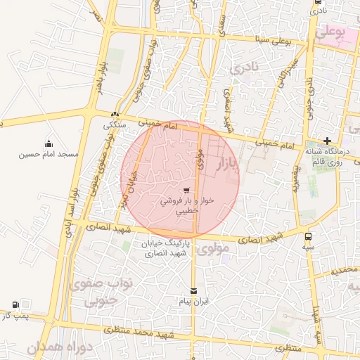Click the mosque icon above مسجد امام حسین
click(48, 143)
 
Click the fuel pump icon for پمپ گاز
click(15, 304)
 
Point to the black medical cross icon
click(327, 141)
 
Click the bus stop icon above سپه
click(309, 237)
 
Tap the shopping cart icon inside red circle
click(186, 190)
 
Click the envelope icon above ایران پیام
click(194, 290)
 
